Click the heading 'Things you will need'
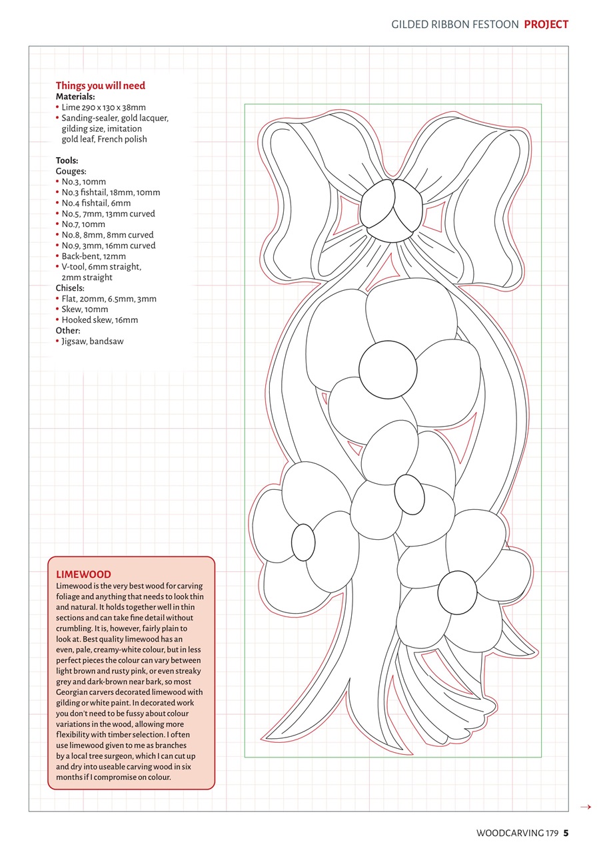(100, 86)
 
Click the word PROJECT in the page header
(546, 25)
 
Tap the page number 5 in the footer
(566, 833)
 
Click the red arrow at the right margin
(586, 807)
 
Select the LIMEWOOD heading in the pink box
(83, 574)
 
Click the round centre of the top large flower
(388, 369)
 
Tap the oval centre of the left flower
(303, 542)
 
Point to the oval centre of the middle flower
(410, 495)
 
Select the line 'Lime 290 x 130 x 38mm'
(103, 107)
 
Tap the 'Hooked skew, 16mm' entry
(99, 320)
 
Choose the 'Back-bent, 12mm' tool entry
(93, 256)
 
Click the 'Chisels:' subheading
(70, 288)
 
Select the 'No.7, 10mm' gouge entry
(83, 224)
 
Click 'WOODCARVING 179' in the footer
(517, 833)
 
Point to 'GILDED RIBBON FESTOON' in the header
(454, 25)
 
